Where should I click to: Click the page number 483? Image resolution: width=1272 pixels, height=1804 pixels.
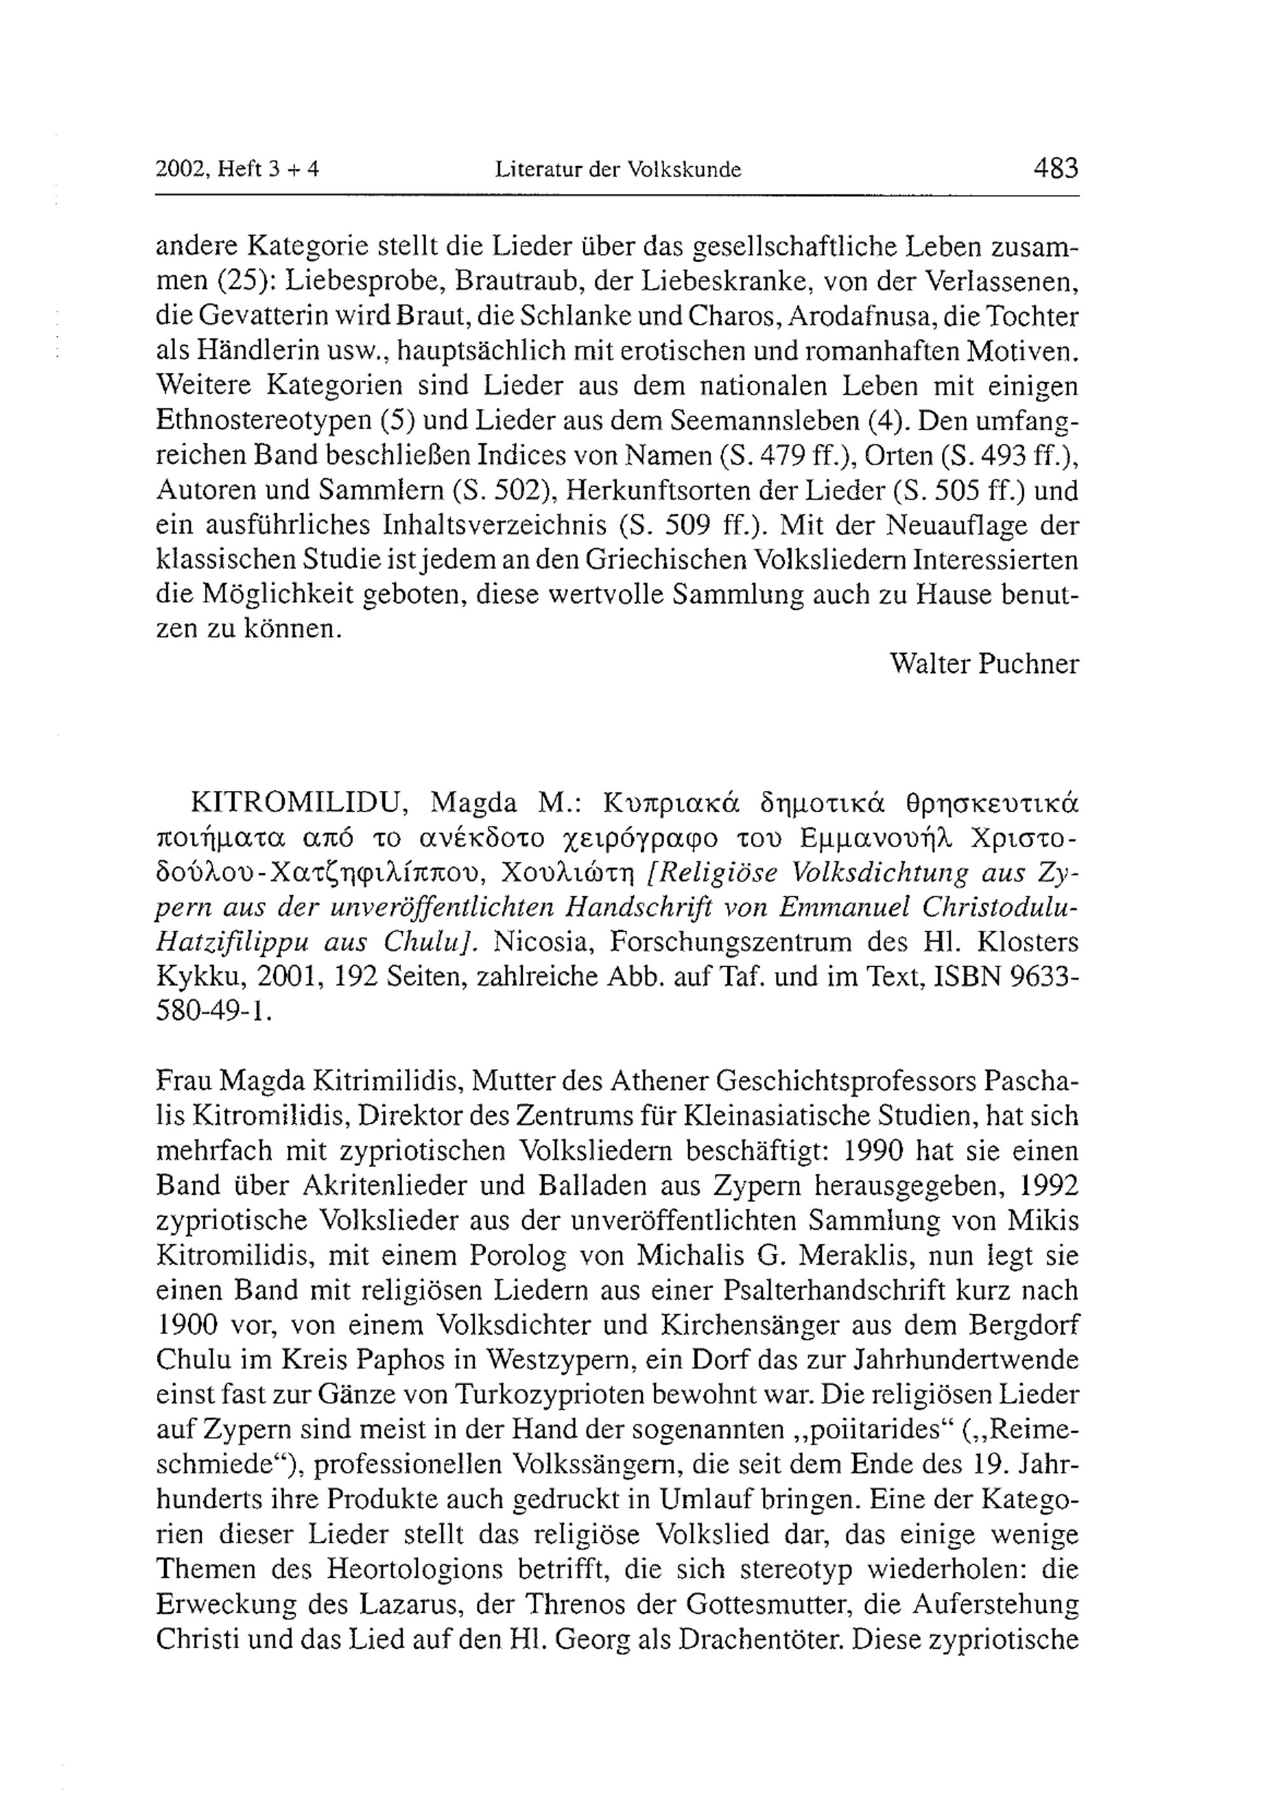pos(1056,168)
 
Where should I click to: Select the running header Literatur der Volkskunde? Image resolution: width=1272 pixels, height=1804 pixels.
pos(618,170)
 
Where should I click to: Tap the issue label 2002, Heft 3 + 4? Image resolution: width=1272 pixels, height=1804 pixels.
pos(237,170)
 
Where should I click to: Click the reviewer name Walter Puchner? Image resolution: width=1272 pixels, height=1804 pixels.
pos(985,664)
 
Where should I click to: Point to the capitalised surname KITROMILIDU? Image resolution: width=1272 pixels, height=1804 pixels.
pos(298,804)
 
